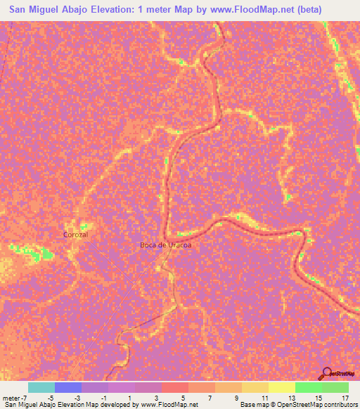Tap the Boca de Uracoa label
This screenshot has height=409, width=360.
pos(165,245)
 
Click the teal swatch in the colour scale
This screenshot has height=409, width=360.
pos(41,387)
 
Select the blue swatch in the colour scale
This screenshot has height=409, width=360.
pos(67,387)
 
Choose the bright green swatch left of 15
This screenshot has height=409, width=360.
pos(308,387)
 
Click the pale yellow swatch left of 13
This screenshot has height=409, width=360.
pos(281,387)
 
